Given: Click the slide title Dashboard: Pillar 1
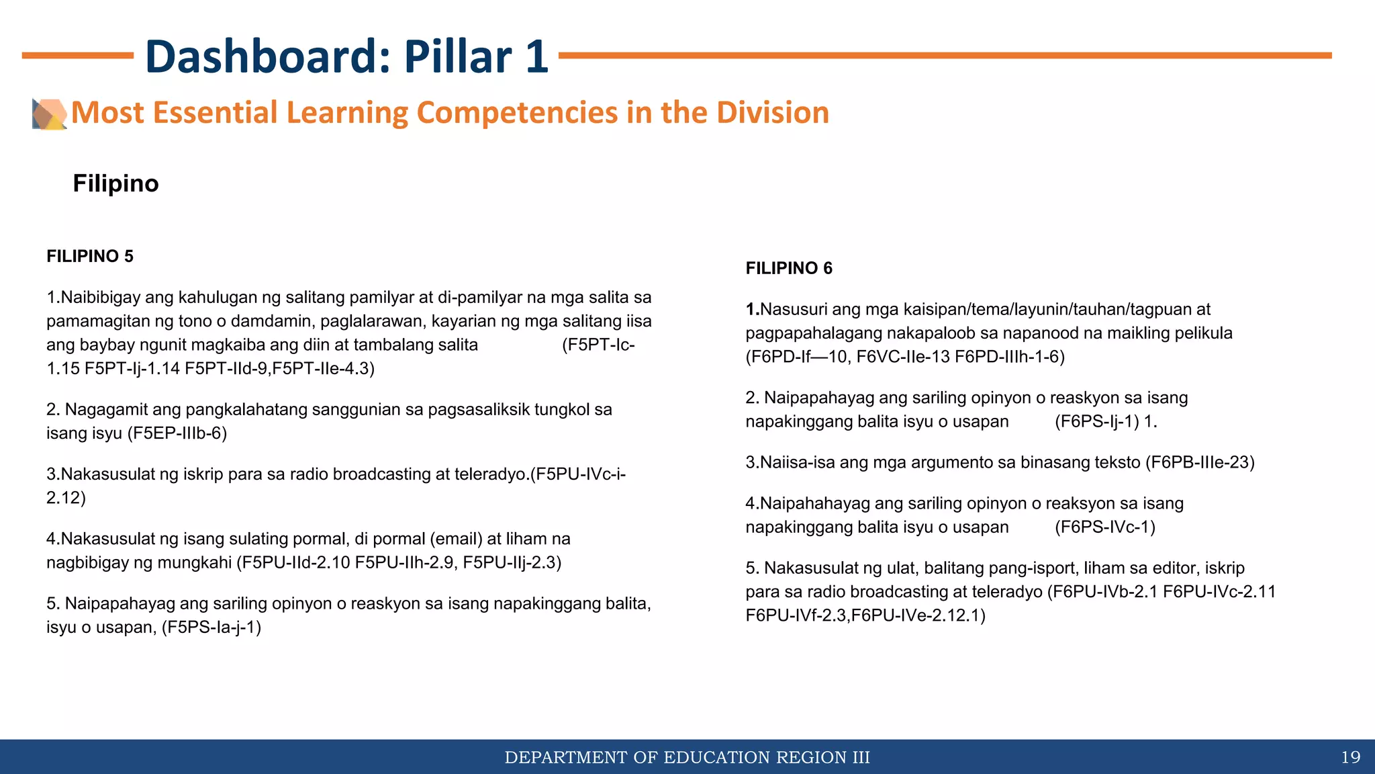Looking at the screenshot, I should [346, 56].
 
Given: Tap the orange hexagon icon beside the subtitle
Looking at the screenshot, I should [50, 114].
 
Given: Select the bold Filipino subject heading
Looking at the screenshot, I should [115, 183].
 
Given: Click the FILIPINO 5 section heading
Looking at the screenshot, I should [90, 257].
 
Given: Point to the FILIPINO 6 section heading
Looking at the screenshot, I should [789, 269].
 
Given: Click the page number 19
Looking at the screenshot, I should [1350, 757].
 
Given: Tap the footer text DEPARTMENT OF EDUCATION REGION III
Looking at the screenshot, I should [687, 757].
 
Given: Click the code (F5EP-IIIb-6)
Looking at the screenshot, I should [177, 433].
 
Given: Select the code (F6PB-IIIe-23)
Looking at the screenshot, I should [1200, 463].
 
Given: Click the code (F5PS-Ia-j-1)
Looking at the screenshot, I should [211, 628].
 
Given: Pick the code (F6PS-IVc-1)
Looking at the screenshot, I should [1105, 527].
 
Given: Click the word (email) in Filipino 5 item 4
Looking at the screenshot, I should [456, 540].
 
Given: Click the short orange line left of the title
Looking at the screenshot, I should [77, 56].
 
